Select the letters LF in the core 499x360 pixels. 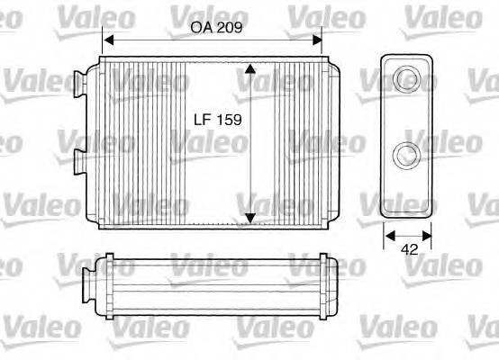click(204, 118)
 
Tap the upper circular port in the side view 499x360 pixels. click(408, 78)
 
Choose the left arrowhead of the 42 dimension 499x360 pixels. click(389, 236)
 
